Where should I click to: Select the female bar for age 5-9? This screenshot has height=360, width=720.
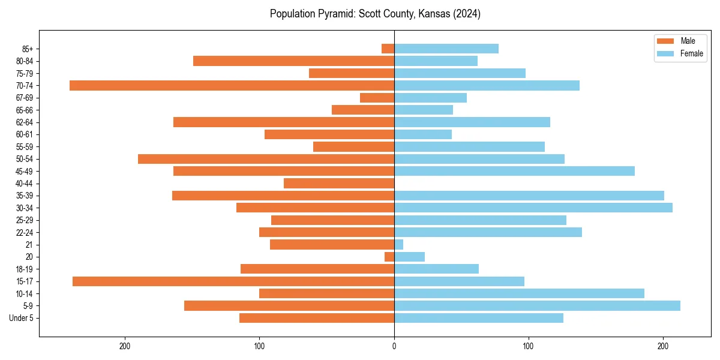pos(537,306)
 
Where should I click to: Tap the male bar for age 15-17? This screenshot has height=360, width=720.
pos(233,281)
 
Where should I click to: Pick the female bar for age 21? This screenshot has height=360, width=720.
pos(398,245)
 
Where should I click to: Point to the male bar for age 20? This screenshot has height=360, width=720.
pos(389,257)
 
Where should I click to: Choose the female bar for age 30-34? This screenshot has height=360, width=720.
pos(533,208)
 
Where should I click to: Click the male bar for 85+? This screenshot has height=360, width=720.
pos(388,49)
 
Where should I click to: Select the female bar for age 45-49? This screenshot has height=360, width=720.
pos(514,171)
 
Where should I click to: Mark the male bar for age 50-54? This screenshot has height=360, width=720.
pos(266,159)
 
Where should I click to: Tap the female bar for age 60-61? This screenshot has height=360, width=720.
pos(423,134)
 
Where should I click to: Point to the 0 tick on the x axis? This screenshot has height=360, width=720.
pos(394,346)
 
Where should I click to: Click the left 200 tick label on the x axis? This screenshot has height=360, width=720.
pos(125,346)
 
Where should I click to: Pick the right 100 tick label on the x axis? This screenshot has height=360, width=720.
pos(529,346)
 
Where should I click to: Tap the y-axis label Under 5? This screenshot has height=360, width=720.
pos(21,318)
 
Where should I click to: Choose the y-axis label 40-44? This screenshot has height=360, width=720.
pos(25,184)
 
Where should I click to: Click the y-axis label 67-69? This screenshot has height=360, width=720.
pos(25,98)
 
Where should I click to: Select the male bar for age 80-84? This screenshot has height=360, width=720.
pos(293,61)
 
